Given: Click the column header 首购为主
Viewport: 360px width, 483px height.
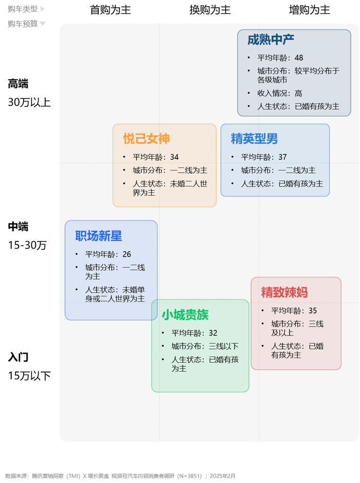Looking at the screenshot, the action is pyautogui.click(x=110, y=10).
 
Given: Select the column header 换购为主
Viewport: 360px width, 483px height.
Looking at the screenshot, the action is pyautogui.click(x=210, y=10).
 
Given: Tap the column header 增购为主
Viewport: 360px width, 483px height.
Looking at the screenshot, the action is pyautogui.click(x=310, y=10).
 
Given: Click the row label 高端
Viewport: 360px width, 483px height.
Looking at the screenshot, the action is pyautogui.click(x=18, y=84).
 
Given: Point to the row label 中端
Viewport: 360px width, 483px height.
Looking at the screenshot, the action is pyautogui.click(x=18, y=227).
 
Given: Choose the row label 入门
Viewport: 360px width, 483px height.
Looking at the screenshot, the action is pyautogui.click(x=18, y=357).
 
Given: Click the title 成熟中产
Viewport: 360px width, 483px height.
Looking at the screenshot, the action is pyautogui.click(x=271, y=40).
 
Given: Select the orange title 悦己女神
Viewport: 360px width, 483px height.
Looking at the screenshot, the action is pyautogui.click(x=146, y=139).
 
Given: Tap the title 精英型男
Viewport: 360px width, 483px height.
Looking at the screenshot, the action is pyautogui.click(x=254, y=139).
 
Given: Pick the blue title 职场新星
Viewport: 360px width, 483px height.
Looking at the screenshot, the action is pyautogui.click(x=98, y=236).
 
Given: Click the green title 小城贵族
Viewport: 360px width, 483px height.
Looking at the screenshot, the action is pyautogui.click(x=185, y=314).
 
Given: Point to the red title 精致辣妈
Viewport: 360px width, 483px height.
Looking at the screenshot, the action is pyautogui.click(x=284, y=292).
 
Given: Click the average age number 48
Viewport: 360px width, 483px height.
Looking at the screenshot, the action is pyautogui.click(x=299, y=58).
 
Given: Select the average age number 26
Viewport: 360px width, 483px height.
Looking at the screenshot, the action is pyautogui.click(x=127, y=254).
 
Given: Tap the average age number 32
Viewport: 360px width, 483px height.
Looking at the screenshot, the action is pyautogui.click(x=213, y=333).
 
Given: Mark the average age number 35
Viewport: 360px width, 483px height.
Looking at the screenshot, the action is pyautogui.click(x=313, y=311).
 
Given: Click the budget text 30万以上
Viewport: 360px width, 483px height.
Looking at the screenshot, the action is pyautogui.click(x=29, y=102).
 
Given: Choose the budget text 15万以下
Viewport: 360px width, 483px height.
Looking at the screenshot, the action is pyautogui.click(x=29, y=376).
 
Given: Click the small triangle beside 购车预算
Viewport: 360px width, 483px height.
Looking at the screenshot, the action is pyautogui.click(x=43, y=24).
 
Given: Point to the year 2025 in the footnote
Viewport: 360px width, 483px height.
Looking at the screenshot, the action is pyautogui.click(x=217, y=476).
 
